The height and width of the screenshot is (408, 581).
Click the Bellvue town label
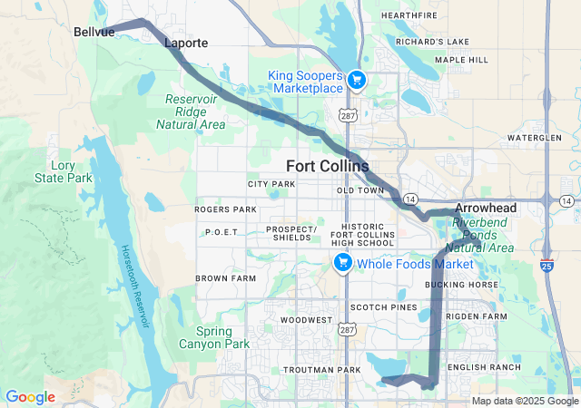pyautogui.click(x=94, y=32)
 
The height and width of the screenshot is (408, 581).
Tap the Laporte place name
pyautogui.click(x=186, y=43)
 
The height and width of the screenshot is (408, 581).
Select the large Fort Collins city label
pyautogui.click(x=327, y=166)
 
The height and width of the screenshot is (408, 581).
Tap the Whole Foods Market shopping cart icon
pyautogui.click(x=343, y=263)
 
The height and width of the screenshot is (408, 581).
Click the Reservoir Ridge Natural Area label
pyautogui.click(x=196, y=112)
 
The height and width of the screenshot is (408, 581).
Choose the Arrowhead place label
pyautogui.click(x=485, y=208)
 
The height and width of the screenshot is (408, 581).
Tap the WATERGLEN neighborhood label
pyautogui.click(x=536, y=137)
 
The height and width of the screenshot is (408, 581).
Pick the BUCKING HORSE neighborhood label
pyautogui.click(x=461, y=285)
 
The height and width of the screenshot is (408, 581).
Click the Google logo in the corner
pyautogui.click(x=30, y=397)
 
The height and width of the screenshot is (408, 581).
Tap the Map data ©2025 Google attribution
pyautogui.click(x=525, y=401)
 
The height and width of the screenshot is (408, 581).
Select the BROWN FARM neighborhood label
pyautogui.click(x=226, y=278)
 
